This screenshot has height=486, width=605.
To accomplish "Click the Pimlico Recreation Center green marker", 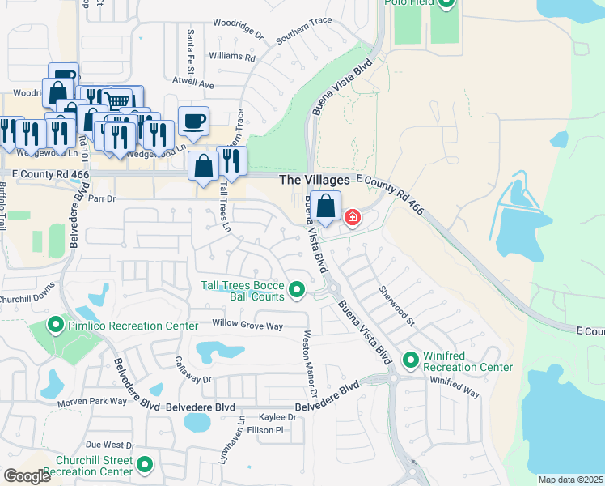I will (56, 326).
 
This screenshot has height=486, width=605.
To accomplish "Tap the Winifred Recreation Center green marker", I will (411, 359).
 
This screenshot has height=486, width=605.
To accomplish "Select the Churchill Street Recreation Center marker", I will (145, 465).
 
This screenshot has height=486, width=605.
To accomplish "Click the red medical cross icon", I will (353, 217).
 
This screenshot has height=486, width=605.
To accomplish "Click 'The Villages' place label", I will (314, 180).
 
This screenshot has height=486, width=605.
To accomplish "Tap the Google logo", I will (27, 476).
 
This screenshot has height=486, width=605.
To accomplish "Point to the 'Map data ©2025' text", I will (569, 480).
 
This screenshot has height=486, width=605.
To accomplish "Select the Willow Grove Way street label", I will (247, 325).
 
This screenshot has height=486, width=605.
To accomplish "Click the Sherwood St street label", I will (396, 305).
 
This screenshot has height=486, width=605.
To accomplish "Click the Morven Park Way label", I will (91, 402).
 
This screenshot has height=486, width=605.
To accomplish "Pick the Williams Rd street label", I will (231, 58).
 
